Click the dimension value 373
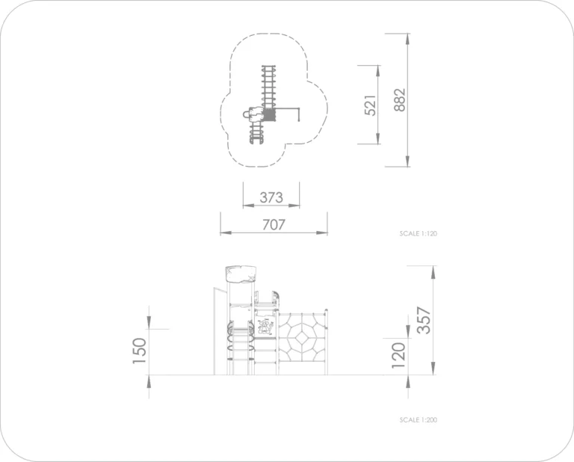(x=271, y=197)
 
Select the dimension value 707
(x=274, y=224)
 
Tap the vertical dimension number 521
(x=371, y=105)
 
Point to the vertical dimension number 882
(x=400, y=99)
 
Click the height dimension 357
(x=424, y=320)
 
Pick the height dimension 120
(x=398, y=355)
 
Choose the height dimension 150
(x=140, y=351)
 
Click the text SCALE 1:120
(x=418, y=233)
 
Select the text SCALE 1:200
(x=418, y=420)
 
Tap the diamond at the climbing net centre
(x=302, y=338)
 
